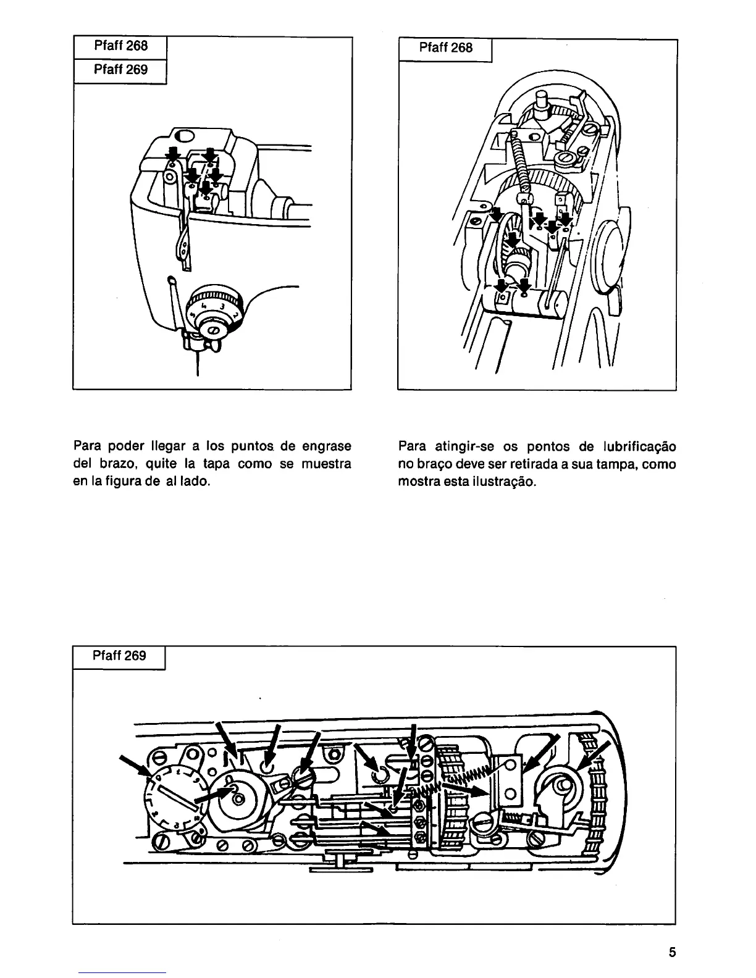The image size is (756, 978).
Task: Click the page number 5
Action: [x=672, y=952]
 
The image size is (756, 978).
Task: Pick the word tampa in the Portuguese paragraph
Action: [x=618, y=464]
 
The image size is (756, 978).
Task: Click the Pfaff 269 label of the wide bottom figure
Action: [x=119, y=655]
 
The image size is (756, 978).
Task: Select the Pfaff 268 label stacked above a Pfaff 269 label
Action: [x=120, y=46]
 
